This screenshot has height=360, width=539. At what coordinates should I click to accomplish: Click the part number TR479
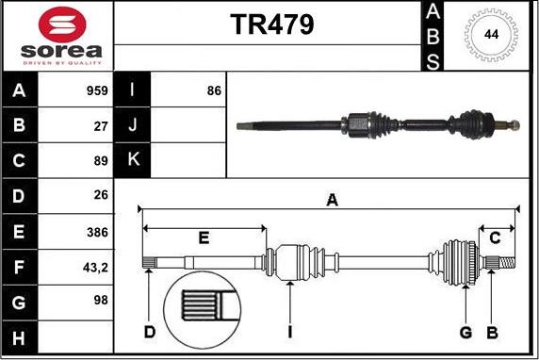272,25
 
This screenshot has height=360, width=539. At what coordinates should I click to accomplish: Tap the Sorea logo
58,35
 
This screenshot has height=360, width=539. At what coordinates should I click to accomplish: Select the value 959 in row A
94,91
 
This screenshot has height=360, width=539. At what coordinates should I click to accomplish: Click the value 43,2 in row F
94,267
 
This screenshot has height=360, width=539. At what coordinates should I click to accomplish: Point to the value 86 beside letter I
213,91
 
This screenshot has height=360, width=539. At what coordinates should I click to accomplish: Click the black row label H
20,337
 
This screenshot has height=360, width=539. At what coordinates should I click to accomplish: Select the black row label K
132,160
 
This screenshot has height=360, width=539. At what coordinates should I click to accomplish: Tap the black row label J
132,125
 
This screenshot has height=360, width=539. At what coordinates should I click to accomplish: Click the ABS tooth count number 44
491,34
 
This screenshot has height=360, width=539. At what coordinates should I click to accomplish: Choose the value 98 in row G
100,302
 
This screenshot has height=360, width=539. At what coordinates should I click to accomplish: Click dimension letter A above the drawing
331,199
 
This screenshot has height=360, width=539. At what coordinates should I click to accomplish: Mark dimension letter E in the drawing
204,237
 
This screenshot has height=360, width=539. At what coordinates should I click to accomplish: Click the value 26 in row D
100,196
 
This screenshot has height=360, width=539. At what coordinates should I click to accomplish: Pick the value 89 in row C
100,161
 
